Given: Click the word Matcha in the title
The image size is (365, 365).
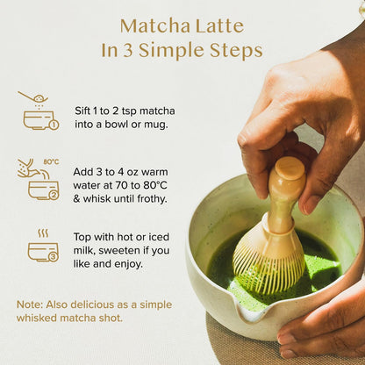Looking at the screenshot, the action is [x=155, y=25].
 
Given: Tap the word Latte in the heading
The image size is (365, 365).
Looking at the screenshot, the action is [x=219, y=25].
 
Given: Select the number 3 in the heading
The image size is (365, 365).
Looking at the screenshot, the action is [x=127, y=50].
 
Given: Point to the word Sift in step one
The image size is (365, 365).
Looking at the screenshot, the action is [x=82, y=111].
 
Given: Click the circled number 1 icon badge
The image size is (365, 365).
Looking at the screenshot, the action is [x=54, y=125].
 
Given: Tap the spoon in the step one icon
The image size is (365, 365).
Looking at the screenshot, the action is [x=32, y=97].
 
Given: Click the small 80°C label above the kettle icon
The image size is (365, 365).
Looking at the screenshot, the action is [x=51, y=161].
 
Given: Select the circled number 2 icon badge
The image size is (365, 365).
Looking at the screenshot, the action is [x=54, y=195].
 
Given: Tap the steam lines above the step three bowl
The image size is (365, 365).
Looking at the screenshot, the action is [x=43, y=233].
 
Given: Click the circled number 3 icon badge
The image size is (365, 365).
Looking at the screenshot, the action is [x=54, y=256].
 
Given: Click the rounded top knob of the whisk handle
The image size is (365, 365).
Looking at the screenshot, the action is [x=290, y=168].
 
